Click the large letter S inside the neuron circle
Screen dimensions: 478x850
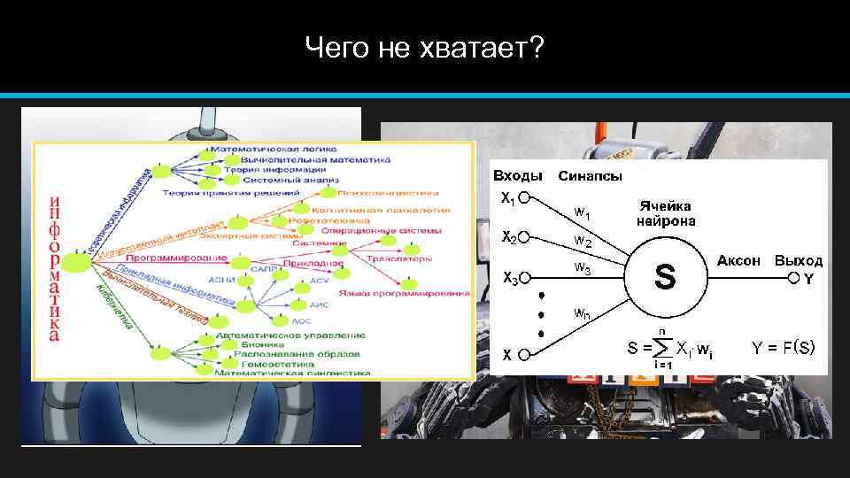pyautogui.click(x=665, y=277)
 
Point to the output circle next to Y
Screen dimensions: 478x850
pyautogui.click(x=794, y=278)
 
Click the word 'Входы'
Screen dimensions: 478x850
pyautogui.click(x=518, y=175)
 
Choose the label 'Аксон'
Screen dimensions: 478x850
pyautogui.click(x=738, y=260)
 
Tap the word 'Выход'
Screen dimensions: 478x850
pyautogui.click(x=798, y=260)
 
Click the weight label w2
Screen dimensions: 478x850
pyautogui.click(x=583, y=240)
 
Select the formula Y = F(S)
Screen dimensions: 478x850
pyautogui.click(x=783, y=346)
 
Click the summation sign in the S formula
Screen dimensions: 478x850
pyautogui.click(x=661, y=346)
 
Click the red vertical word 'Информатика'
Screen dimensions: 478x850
pyautogui.click(x=55, y=266)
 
